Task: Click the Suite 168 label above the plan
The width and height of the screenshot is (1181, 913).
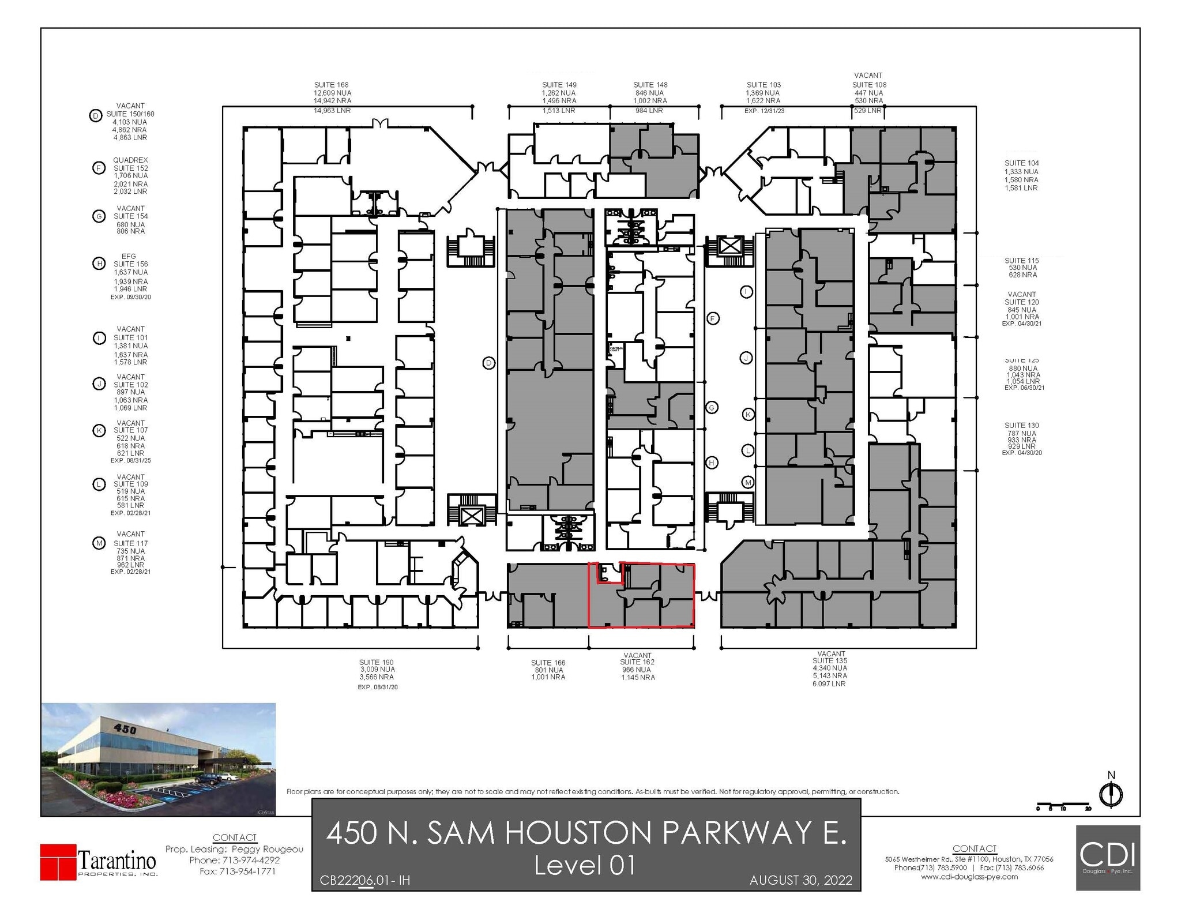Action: click(331, 85)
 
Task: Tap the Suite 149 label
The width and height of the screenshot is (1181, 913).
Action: click(559, 85)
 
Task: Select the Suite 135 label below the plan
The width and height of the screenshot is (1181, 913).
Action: click(830, 661)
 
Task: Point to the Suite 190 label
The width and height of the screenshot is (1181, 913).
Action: click(377, 663)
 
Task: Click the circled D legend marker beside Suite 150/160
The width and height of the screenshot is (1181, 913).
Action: click(95, 116)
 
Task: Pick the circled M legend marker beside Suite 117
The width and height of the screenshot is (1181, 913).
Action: click(99, 543)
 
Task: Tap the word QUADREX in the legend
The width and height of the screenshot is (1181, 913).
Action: click(130, 160)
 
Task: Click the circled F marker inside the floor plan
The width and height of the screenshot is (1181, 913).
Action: click(713, 318)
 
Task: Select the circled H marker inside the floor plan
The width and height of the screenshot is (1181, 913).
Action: click(712, 463)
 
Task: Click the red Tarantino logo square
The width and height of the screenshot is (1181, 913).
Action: click(58, 862)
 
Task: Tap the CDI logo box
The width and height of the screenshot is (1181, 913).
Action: click(1107, 858)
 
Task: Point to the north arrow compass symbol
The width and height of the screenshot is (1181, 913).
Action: click(1111, 795)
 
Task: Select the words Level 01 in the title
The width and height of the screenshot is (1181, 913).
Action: click(585, 865)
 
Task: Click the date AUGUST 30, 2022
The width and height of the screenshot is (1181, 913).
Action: click(800, 880)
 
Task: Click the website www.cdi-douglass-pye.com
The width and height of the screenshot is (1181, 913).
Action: click(969, 877)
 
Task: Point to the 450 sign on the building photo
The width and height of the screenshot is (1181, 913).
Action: click(125, 729)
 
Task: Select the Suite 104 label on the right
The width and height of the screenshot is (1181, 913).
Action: click(1021, 163)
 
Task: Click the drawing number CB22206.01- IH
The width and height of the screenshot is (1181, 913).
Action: click(364, 881)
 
